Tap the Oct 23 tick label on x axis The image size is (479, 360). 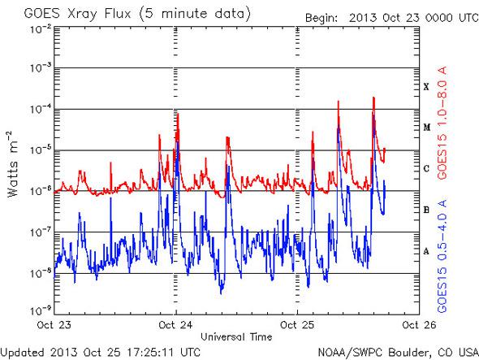55,324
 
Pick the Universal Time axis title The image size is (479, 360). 235,335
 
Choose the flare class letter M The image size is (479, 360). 426,128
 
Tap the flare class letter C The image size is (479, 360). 426,168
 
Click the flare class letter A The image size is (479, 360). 426,251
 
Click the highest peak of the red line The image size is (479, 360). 373,98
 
